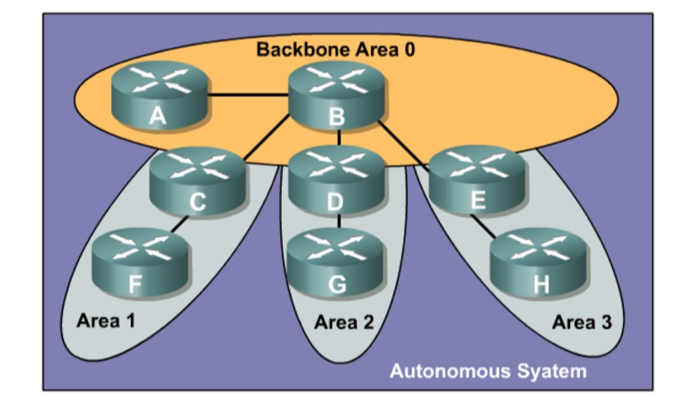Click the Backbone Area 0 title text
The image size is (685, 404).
coord(336,50)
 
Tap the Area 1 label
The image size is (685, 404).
coord(107,319)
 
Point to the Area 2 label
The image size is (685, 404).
coord(343,322)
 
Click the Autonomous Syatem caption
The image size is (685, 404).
coord(487,370)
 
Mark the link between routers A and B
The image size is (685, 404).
coord(249,93)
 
